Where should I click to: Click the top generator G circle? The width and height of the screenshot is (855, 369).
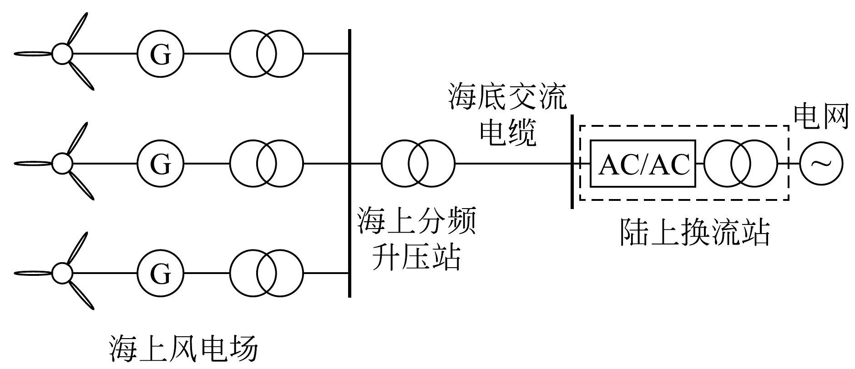point(160,54)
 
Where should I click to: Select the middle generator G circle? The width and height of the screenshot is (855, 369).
point(160,163)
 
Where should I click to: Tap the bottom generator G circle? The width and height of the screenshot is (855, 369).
point(160,273)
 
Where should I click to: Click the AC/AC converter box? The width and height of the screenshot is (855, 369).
point(643,164)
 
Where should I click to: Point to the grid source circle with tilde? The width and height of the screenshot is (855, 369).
point(821,164)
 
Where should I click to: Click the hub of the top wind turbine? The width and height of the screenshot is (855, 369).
point(62,54)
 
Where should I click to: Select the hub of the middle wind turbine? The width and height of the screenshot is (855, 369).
point(62,163)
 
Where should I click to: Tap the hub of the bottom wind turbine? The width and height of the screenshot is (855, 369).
point(62,273)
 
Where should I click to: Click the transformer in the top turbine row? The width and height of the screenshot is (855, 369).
point(266,54)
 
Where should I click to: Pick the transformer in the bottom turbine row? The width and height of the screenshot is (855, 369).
point(266,273)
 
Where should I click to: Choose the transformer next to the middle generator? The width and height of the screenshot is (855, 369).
point(266,163)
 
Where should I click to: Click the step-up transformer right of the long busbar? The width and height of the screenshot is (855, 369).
point(418,163)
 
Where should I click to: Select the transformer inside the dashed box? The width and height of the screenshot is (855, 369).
point(741,164)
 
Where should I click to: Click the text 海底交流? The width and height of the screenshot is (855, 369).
point(508,97)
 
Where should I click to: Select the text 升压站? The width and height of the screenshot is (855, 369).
point(416,257)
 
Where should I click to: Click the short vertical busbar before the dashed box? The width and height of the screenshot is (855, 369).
point(572,162)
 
